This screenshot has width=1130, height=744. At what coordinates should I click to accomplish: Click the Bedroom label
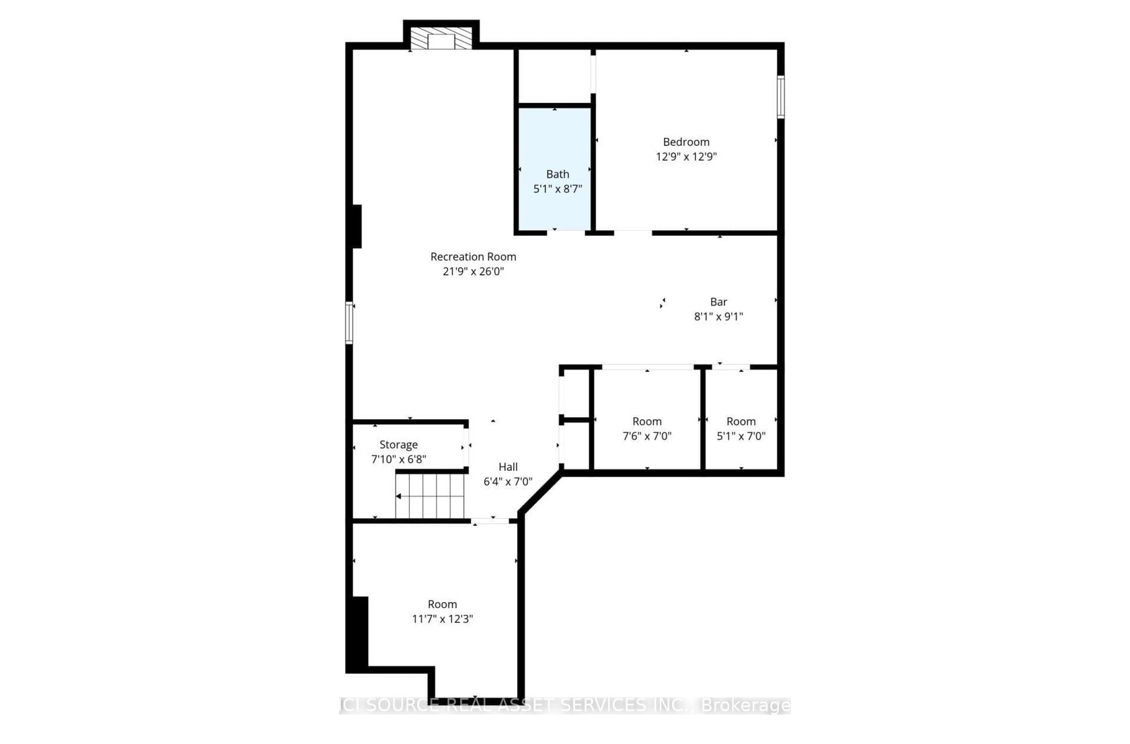(x=686, y=142)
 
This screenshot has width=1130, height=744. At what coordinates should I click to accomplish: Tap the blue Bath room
(x=555, y=169)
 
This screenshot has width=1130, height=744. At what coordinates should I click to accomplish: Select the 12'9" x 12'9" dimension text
(x=686, y=157)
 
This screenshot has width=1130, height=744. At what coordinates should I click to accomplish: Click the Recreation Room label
(x=474, y=257)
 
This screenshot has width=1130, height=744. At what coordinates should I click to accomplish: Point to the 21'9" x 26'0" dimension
(x=474, y=271)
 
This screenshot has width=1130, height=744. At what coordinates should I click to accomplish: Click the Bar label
(x=718, y=301)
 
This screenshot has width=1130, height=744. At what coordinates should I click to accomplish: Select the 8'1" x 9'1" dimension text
(x=718, y=317)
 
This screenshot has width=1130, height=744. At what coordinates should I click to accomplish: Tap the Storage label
(x=398, y=445)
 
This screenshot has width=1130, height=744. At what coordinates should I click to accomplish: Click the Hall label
(x=508, y=467)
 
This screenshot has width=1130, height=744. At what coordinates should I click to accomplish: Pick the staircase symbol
(x=429, y=496)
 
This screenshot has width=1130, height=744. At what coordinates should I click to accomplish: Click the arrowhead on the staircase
(x=398, y=496)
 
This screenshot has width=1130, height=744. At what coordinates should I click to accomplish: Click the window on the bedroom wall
(x=780, y=97)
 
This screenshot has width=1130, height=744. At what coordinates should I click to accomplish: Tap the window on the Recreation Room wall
(x=348, y=323)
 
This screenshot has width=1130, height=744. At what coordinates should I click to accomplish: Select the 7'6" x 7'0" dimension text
(x=647, y=437)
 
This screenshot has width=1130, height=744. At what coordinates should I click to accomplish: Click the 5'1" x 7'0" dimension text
(x=741, y=437)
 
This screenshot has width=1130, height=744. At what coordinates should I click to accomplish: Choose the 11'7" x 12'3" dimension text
(x=443, y=619)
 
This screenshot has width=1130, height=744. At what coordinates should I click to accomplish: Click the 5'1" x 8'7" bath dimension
(x=558, y=189)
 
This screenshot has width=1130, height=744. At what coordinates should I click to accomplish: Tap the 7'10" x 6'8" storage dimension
(x=398, y=459)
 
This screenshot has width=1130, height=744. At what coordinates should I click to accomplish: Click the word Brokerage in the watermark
(x=745, y=705)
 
